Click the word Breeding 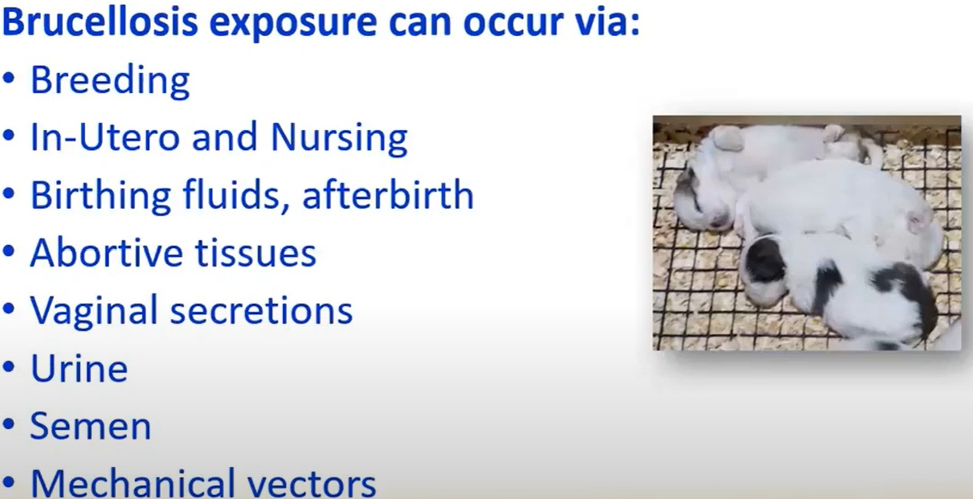111,81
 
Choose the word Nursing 339,139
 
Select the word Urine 79,368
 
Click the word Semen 91,426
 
